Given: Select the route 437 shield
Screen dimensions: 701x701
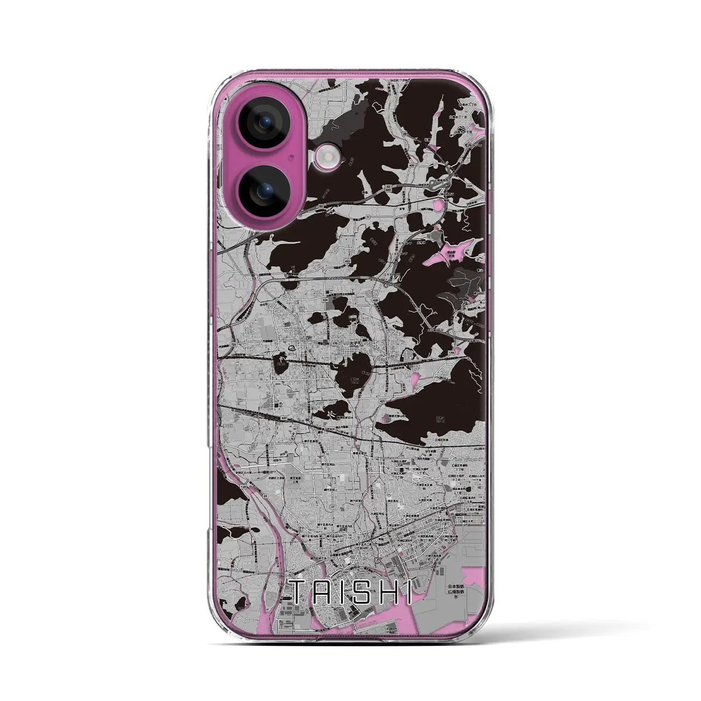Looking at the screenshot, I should [x=284, y=418].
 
